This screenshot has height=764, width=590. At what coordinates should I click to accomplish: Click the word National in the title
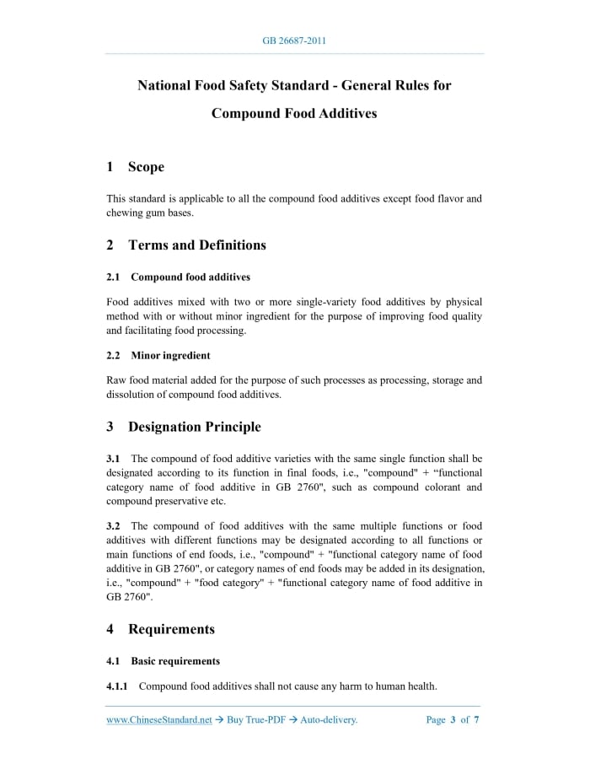click(167, 85)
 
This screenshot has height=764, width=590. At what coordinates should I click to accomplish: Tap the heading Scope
click(146, 167)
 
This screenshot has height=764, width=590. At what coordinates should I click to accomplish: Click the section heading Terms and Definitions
click(196, 245)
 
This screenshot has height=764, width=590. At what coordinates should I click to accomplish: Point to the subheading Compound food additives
click(190, 277)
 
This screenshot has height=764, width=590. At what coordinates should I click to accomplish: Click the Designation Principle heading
click(194, 427)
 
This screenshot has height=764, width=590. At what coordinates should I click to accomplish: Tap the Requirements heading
click(171, 629)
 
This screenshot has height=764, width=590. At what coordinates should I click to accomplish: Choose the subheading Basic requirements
click(175, 661)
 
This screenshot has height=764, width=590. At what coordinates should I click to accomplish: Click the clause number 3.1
click(113, 459)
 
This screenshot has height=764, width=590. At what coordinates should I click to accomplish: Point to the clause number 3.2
click(113, 526)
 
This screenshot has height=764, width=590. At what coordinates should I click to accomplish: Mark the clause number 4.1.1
click(117, 686)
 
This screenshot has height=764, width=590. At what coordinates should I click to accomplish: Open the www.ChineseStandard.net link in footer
click(158, 720)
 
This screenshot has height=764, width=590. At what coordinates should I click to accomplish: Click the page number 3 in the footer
click(453, 720)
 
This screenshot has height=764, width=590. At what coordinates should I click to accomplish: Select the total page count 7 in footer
click(477, 720)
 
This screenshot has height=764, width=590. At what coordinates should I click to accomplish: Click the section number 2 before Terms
click(110, 245)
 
